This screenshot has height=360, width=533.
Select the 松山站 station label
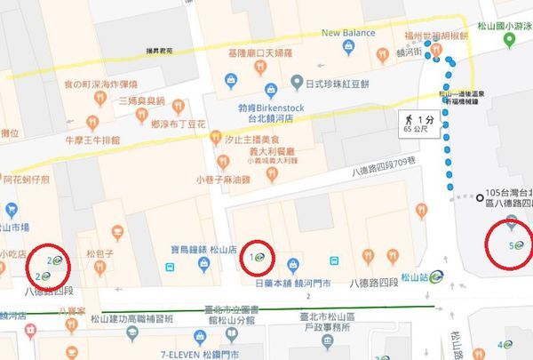pyautogui.click(x=418, y=276)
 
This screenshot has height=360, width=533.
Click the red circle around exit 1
pyautogui.click(x=259, y=258)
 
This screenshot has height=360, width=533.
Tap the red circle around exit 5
pyautogui.click(x=511, y=243)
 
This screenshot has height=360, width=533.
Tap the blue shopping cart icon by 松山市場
pyautogui.click(x=11, y=211)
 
